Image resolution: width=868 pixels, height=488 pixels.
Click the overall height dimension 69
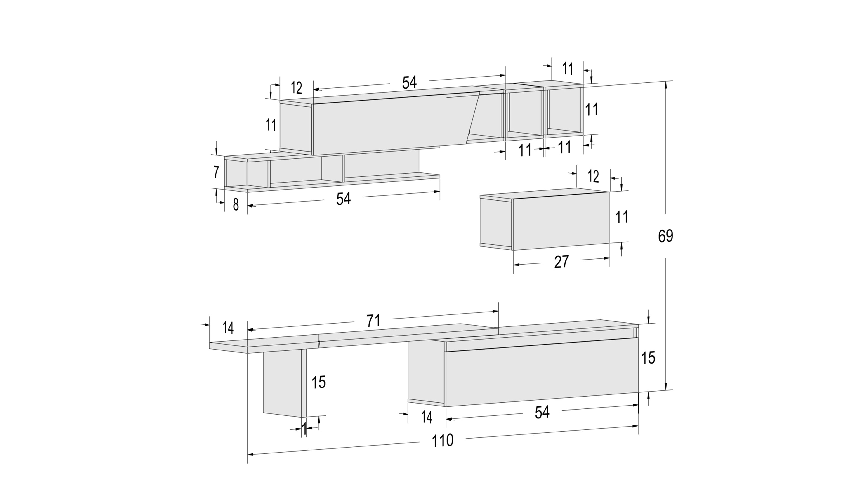point(665,236)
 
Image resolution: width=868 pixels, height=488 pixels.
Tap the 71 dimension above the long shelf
point(373,321)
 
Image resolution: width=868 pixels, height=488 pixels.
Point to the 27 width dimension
point(561,262)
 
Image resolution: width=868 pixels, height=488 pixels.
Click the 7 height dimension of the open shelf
point(216,172)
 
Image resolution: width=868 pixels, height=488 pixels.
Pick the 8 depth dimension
point(236,204)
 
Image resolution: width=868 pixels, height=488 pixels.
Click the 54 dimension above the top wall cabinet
point(409,82)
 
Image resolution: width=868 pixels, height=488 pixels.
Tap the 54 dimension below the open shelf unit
point(343,199)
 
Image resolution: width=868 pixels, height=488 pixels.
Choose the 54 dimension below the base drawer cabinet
point(542,412)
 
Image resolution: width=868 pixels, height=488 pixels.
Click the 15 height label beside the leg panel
point(318,382)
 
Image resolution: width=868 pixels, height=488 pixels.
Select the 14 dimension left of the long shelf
point(228,328)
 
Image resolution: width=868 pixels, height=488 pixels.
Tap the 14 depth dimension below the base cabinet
point(427,417)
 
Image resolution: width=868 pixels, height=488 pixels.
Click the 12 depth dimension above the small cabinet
point(593,176)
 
